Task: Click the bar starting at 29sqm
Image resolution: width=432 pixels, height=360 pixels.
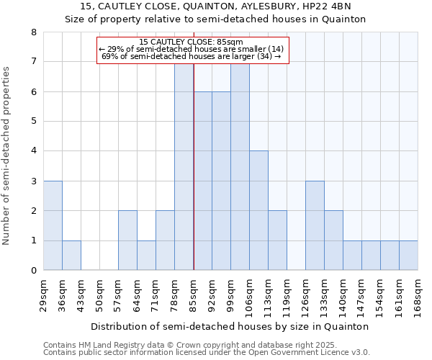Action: (53, 225)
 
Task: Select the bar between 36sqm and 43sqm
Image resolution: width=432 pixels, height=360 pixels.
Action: (71, 255)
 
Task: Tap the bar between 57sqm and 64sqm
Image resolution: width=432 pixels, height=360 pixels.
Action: (127, 240)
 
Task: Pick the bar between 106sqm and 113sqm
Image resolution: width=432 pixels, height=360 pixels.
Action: (258, 210)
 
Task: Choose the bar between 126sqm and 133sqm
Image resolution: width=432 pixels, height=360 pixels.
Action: (315, 225)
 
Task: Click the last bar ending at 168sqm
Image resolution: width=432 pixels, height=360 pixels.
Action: (408, 255)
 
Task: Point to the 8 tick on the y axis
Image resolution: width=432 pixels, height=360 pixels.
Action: (33, 32)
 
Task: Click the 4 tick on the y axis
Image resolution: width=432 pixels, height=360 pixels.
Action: (33, 151)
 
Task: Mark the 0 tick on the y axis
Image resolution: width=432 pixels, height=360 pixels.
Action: (33, 271)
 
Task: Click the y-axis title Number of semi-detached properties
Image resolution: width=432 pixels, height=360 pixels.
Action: (7, 156)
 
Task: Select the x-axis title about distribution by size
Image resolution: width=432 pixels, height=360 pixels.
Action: (230, 326)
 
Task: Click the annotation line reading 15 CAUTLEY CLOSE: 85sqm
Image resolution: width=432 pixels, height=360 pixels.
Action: (192, 42)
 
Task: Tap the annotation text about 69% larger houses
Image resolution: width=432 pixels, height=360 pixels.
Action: (192, 56)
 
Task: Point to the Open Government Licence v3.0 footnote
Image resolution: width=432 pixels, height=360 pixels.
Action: (207, 352)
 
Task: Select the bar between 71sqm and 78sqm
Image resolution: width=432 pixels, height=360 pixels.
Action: (165, 240)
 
